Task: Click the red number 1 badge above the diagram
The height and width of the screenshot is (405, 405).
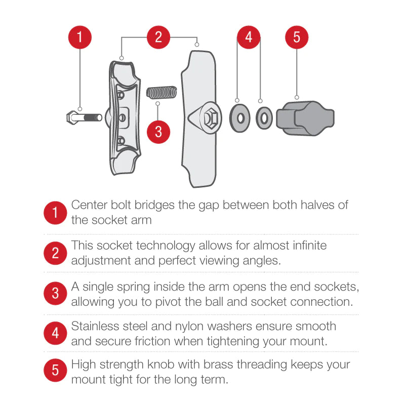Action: [80, 37]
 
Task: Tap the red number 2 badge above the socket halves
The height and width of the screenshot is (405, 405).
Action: [159, 37]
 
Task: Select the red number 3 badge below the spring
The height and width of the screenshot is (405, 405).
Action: [159, 132]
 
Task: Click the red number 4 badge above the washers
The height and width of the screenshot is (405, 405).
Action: [249, 37]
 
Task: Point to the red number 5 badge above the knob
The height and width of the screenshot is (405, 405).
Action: [297, 37]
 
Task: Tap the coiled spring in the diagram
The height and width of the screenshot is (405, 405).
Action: [161, 93]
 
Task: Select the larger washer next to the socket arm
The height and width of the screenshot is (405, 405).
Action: [240, 117]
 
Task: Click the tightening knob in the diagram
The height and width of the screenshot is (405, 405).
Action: [308, 117]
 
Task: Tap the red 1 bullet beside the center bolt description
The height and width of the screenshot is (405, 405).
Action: [55, 213]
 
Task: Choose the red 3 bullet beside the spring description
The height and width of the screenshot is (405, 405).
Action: [55, 294]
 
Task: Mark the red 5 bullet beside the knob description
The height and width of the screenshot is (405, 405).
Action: [55, 371]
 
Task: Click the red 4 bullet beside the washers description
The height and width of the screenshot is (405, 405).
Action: [55, 333]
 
